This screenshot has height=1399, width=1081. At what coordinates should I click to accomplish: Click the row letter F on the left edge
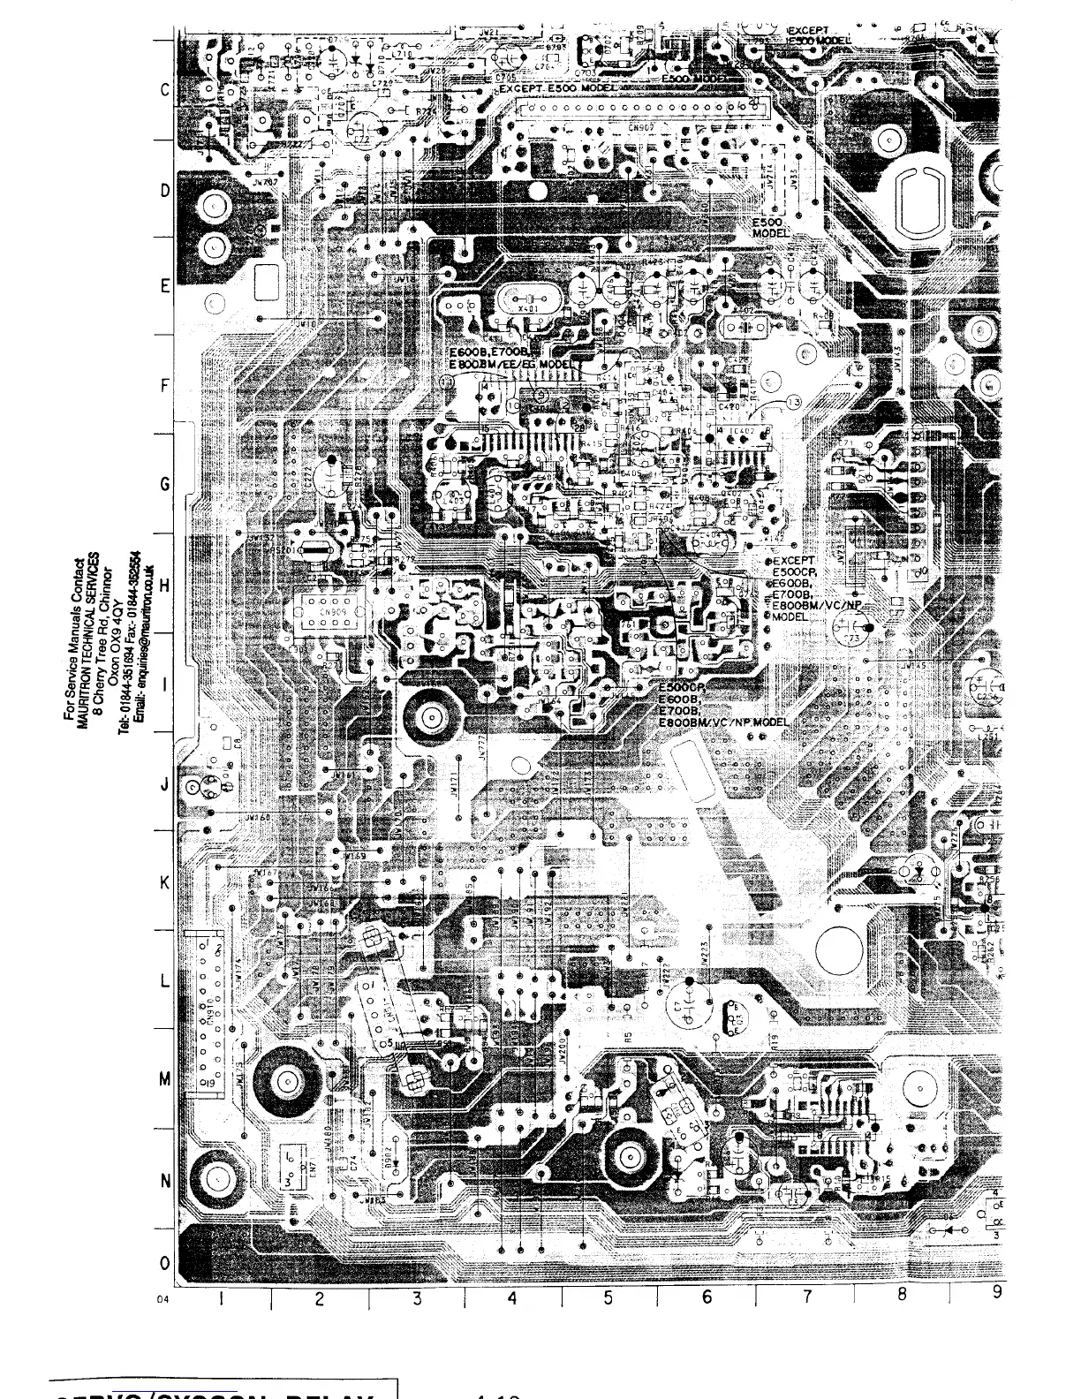click(x=164, y=386)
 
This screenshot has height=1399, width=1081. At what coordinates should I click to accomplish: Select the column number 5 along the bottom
click(x=609, y=1297)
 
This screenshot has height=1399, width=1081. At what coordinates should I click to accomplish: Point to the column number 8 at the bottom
click(x=902, y=1294)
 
